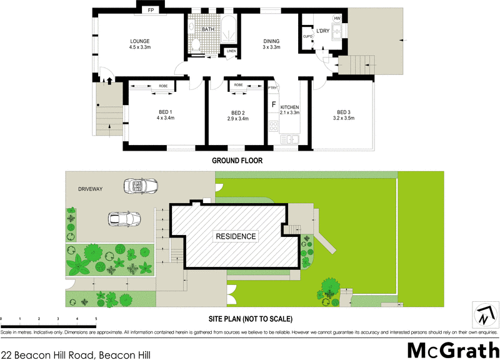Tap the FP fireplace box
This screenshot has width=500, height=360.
click(x=151, y=11)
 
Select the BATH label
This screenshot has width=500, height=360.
click(x=208, y=29)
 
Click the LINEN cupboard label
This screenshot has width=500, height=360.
click(x=231, y=51)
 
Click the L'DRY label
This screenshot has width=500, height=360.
click(x=322, y=31)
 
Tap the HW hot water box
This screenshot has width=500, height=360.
click(x=337, y=19)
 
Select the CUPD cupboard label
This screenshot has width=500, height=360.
click(x=307, y=36)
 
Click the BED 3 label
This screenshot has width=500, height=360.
click(x=344, y=112)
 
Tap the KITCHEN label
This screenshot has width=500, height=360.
click(x=290, y=107)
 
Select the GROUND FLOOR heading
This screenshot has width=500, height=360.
click(x=237, y=161)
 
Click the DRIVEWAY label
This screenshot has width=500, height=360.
click(x=90, y=188)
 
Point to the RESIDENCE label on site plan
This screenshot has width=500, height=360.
click(x=236, y=236)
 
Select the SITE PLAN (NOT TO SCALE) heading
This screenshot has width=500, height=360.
click(x=251, y=318)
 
